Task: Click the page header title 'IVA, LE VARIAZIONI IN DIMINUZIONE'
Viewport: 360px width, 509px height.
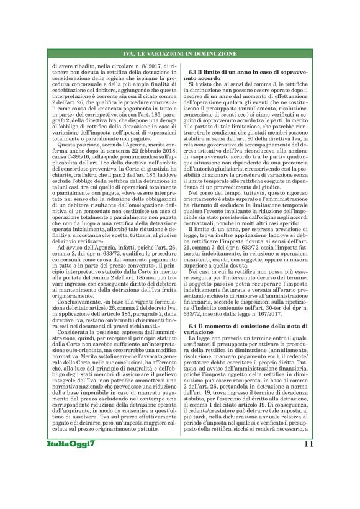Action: click(180, 56)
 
